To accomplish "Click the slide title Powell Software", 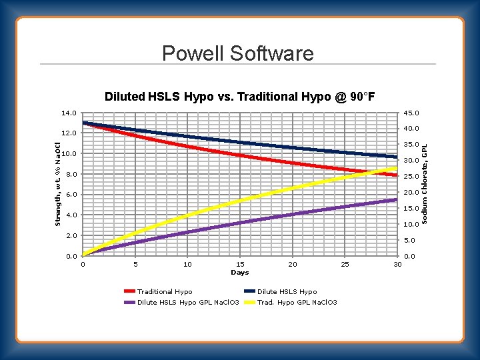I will click(237, 53).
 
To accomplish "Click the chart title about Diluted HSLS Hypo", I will click(239, 97).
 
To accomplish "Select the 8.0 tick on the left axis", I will click(70, 175).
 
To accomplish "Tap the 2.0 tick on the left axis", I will click(70, 236).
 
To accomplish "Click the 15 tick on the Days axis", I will click(240, 265).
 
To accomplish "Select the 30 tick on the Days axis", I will click(397, 265).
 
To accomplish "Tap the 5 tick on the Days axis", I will click(135, 265).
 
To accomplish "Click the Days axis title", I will click(239, 273).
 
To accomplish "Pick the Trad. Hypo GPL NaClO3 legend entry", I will click(297, 303).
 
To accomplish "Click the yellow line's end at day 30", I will click(397, 169).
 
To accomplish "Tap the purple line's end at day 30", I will click(397, 199).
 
